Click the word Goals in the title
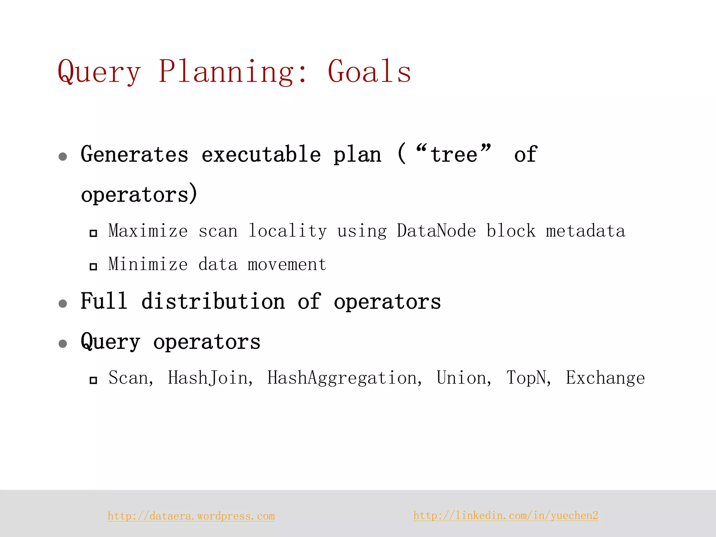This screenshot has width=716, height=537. click(x=369, y=71)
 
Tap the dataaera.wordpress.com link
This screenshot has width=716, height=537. click(x=191, y=516)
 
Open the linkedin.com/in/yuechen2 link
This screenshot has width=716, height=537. click(x=506, y=515)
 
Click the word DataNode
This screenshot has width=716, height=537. click(x=436, y=231)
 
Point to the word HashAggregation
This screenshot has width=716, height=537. click(x=344, y=378)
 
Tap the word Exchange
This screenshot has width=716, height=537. click(x=605, y=378)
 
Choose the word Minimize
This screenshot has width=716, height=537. click(x=148, y=264)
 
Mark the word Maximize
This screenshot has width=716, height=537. click(x=148, y=231)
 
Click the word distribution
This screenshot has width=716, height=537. click(x=213, y=301)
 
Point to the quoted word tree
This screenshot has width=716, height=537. click(x=453, y=155)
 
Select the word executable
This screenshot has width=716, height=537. click(x=261, y=155)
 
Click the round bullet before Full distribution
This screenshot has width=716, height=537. click(x=63, y=303)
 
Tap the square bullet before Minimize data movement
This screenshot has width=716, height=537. click(x=93, y=267)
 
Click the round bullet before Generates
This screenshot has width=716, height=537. click(x=63, y=156)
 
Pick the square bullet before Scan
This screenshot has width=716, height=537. click(x=93, y=380)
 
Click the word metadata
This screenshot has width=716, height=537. click(x=586, y=231)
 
